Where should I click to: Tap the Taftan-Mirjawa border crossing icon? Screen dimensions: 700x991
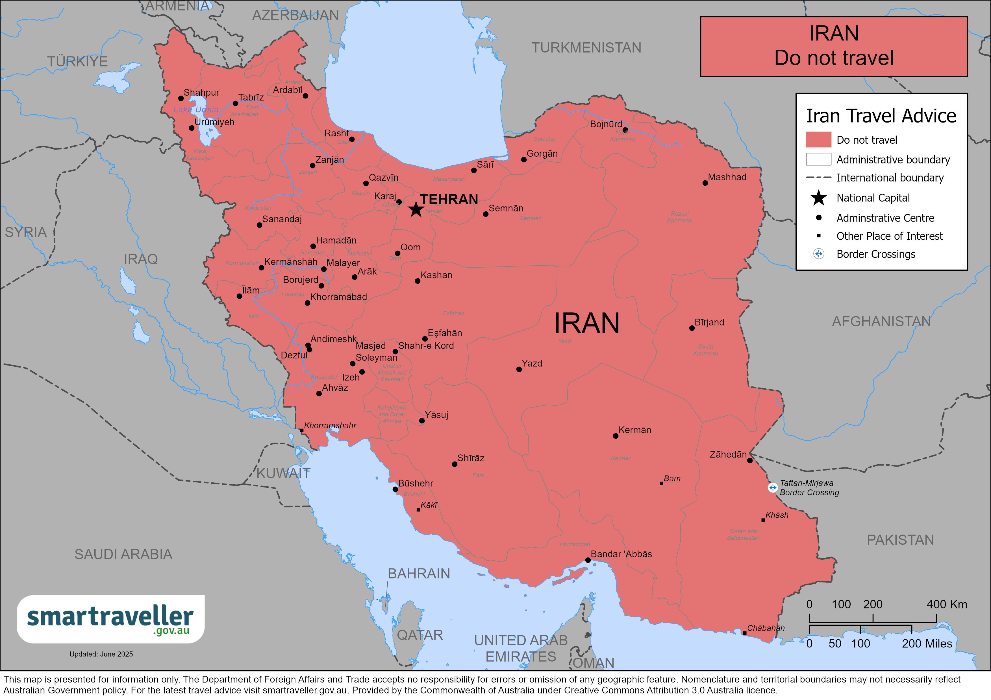tap(773, 487)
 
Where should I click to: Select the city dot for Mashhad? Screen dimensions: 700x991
tap(705, 183)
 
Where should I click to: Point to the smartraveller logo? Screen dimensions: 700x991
tap(110, 619)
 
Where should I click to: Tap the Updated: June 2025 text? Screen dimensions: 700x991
tap(101, 654)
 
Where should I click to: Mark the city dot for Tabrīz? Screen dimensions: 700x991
tap(235, 104)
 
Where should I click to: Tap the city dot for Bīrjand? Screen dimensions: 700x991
tap(692, 328)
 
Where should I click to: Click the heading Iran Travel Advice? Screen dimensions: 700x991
tap(881, 116)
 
